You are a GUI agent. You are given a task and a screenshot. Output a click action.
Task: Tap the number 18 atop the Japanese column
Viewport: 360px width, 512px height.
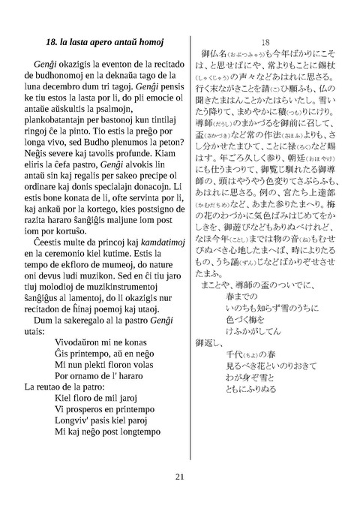[x=265, y=42]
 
